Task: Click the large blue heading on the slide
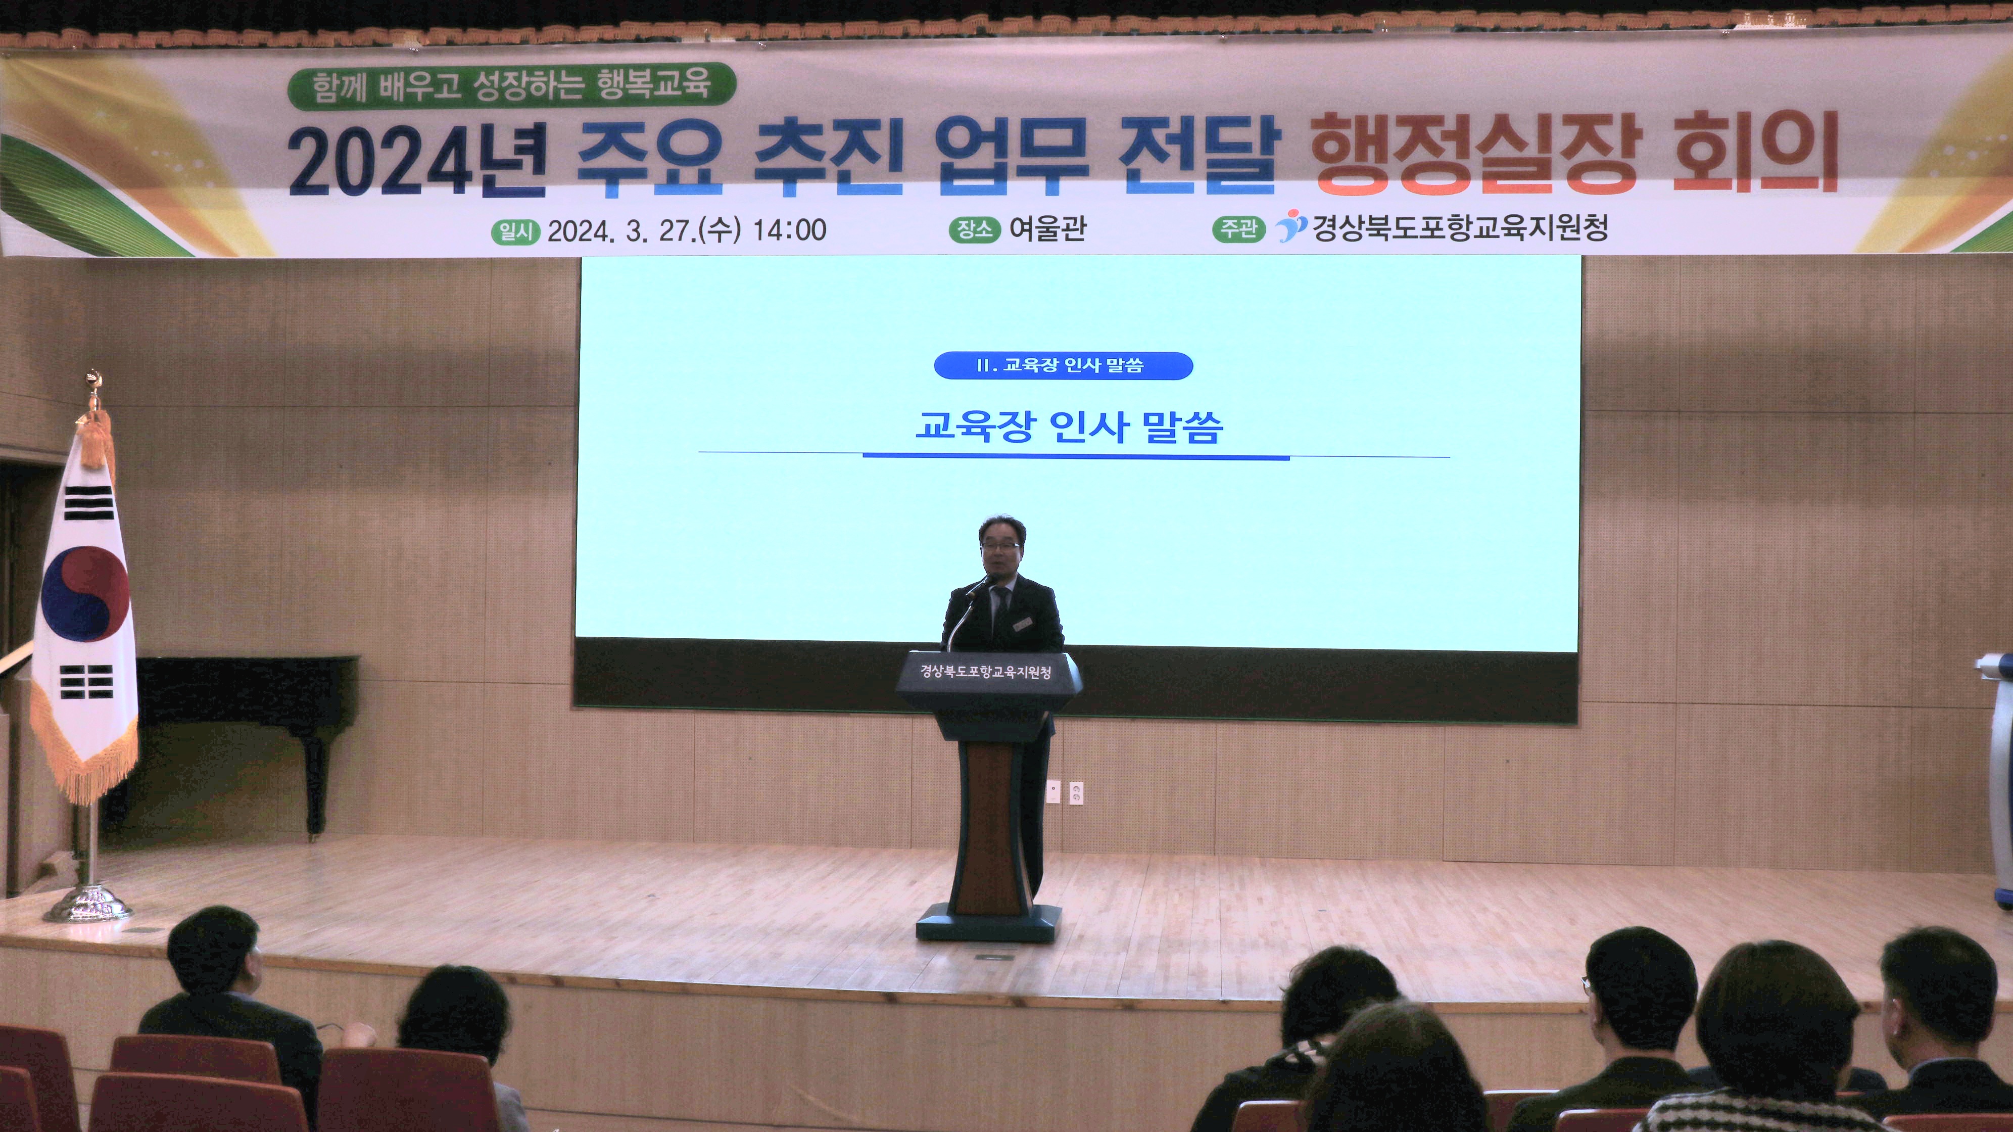(x=1069, y=427)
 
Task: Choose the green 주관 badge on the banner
(x=1238, y=228)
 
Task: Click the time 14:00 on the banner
(x=789, y=230)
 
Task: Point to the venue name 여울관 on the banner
(x=1047, y=228)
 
